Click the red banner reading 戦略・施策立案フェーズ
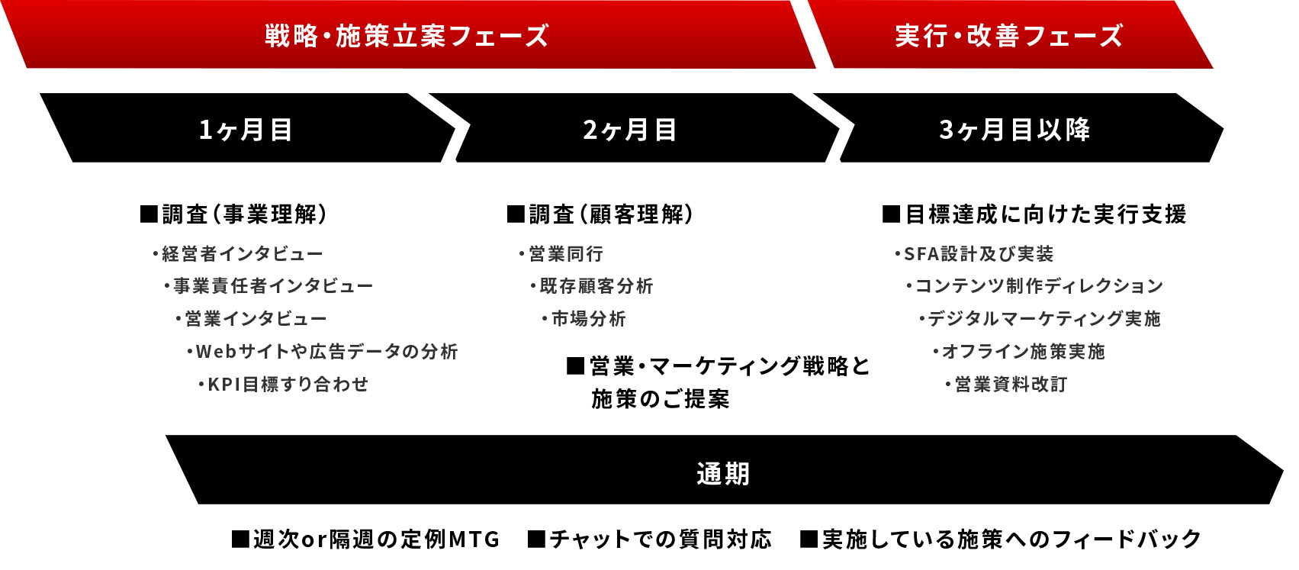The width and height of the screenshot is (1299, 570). (407, 36)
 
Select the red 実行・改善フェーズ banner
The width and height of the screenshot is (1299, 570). (1008, 36)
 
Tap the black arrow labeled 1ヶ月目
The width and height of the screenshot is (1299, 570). (246, 130)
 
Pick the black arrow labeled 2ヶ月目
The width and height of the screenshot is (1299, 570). (630, 130)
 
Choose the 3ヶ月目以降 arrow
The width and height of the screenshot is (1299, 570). (1014, 130)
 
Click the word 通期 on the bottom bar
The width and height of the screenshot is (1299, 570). (723, 474)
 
